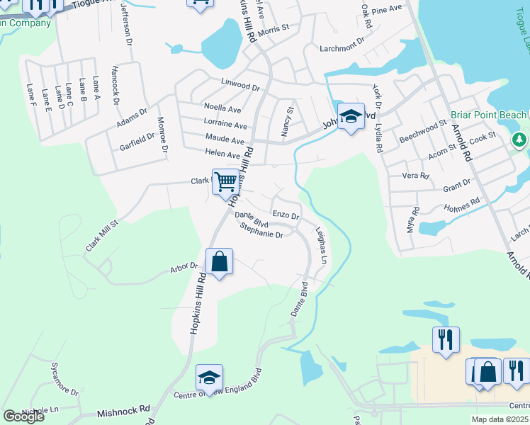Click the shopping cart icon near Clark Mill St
pos(225,181)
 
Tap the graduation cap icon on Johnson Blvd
pos(351,117)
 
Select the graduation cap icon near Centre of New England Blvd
pos(209,378)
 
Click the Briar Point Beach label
pos(488,115)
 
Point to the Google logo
pos(23,416)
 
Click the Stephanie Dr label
pos(261,230)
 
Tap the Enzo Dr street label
pos(286,215)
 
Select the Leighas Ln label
pos(320,245)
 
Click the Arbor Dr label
pos(184,267)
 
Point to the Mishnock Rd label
pos(125,409)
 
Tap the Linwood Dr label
pos(240,84)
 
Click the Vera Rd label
pos(416,176)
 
